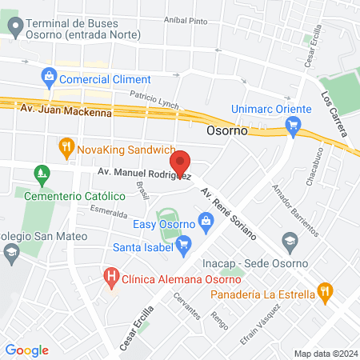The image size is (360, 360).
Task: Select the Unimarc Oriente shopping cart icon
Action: click(x=293, y=124)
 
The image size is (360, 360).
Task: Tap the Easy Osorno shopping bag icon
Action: click(x=206, y=218)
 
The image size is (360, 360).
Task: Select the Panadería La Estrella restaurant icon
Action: click(x=324, y=293)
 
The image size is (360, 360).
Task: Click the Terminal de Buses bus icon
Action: click(x=14, y=26)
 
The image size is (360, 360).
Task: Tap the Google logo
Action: click(x=27, y=350)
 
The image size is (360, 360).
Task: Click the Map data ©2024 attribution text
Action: click(x=325, y=354)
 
